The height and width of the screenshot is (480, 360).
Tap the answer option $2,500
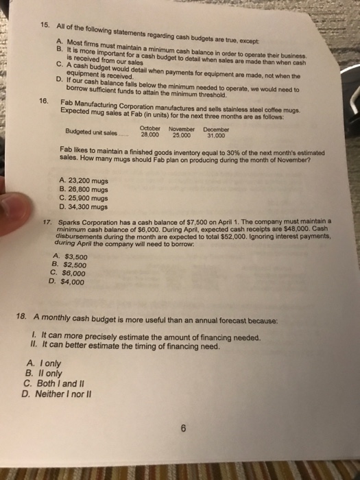[x=69, y=265]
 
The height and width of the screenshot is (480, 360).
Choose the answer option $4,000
[x=69, y=280]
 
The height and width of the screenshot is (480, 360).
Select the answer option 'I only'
[x=47, y=364]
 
